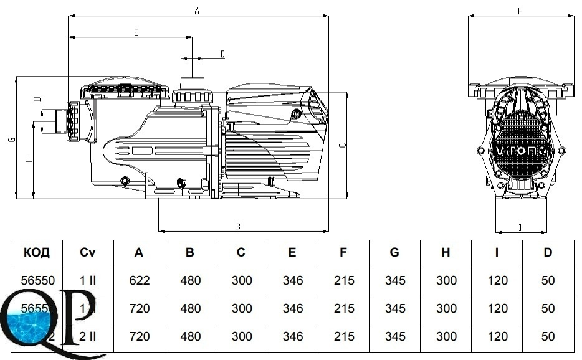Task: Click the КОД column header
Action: coord(36,252)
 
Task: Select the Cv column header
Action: coord(88,252)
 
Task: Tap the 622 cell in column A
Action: coord(139,280)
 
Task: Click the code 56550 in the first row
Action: coord(36,280)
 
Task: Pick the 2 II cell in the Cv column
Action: coord(88,336)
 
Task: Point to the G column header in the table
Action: coord(395,252)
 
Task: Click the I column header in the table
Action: coord(497,252)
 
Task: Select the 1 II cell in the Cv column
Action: coord(88,280)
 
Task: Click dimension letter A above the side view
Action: coord(197,11)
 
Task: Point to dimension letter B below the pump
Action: coord(237,227)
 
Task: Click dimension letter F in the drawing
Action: coord(27,161)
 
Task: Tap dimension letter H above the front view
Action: coord(520,11)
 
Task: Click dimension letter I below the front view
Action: coord(520,227)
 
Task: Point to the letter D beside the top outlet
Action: coord(222,54)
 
